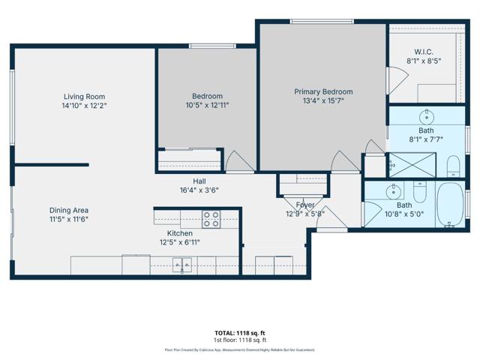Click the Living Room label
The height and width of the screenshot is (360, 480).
click(x=84, y=97)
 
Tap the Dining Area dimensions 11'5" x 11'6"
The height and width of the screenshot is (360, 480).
click(x=69, y=219)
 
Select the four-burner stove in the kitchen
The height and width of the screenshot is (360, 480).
click(x=211, y=219)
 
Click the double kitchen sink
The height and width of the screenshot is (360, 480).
click(x=182, y=265)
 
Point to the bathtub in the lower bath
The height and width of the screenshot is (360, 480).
click(x=450, y=205)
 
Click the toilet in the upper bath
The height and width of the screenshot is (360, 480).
click(x=453, y=166)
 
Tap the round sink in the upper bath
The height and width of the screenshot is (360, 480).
click(x=427, y=117)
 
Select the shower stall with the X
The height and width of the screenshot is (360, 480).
click(x=412, y=165)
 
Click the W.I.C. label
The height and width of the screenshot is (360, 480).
click(x=424, y=52)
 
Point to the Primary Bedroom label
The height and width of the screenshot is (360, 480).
click(x=323, y=91)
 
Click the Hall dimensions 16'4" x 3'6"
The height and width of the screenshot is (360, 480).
click(x=199, y=190)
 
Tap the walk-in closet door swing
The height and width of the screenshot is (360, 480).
click(x=397, y=80)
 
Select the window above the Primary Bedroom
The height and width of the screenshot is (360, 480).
click(x=322, y=22)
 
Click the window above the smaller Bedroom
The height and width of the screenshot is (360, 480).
click(x=212, y=46)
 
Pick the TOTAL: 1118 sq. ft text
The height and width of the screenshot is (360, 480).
click(x=240, y=333)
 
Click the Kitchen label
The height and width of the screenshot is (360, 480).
click(x=180, y=233)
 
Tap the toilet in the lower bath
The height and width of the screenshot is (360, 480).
click(x=420, y=192)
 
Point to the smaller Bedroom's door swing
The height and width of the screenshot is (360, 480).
click(x=240, y=161)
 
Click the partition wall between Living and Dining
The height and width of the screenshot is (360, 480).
click(x=52, y=165)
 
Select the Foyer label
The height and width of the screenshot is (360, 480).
click(x=305, y=205)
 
